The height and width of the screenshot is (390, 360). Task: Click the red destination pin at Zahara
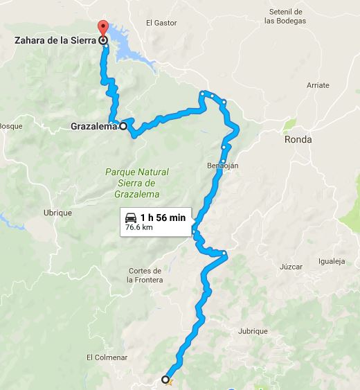click(104, 30)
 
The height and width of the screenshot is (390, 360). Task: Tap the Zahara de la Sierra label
click(55, 41)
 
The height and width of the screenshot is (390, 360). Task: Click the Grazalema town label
click(93, 127)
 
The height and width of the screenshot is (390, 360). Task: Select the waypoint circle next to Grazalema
click(123, 126)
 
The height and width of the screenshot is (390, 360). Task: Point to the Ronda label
click(298, 139)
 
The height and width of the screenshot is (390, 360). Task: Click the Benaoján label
click(222, 166)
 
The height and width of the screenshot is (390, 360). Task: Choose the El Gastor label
click(158, 23)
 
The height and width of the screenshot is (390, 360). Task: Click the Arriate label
click(318, 85)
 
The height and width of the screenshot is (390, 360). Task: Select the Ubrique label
click(57, 213)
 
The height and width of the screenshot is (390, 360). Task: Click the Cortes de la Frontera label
click(145, 275)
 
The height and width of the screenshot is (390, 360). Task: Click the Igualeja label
click(331, 261)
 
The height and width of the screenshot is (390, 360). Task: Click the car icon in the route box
click(131, 217)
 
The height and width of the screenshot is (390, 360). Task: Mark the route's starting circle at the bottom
click(165, 379)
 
